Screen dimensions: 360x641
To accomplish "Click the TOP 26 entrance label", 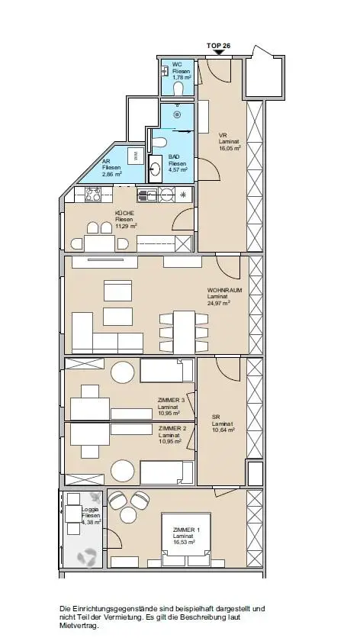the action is coord(218,46).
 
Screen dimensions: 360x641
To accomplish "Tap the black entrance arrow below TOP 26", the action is coord(218,53).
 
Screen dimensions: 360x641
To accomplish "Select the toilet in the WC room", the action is coord(178,89).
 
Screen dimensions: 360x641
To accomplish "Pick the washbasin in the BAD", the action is coord(156,169).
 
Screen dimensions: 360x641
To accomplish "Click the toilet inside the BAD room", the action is coord(159,142).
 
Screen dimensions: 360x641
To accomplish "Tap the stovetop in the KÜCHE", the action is coord(93,194).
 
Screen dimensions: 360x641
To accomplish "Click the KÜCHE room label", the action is coord(124,214).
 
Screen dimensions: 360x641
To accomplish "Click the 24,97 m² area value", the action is coord(219,303).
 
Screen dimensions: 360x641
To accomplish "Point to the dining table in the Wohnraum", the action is coord(184,332).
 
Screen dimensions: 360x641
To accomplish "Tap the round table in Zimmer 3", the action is coord(123,372).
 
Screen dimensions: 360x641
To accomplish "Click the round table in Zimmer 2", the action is coord(123,471).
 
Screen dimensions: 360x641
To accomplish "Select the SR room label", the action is coord(216,417).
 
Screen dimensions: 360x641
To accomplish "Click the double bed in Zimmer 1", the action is coord(186,540).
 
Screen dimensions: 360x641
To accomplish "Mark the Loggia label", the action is coord(90,510).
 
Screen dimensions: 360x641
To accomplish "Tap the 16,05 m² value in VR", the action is coord(230,148).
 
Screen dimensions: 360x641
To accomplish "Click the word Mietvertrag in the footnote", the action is coord(79,626).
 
